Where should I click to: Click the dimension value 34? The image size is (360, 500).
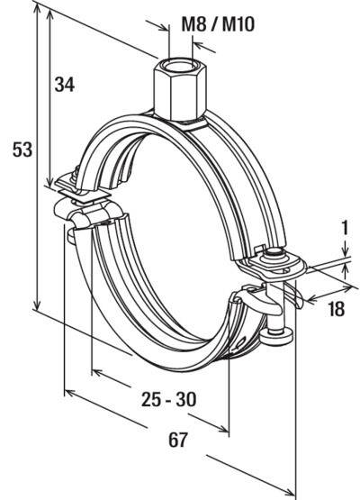[x=63, y=86]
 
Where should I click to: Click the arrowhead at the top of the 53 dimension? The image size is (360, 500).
[x=40, y=11]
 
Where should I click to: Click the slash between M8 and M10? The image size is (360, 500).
[x=213, y=24]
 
